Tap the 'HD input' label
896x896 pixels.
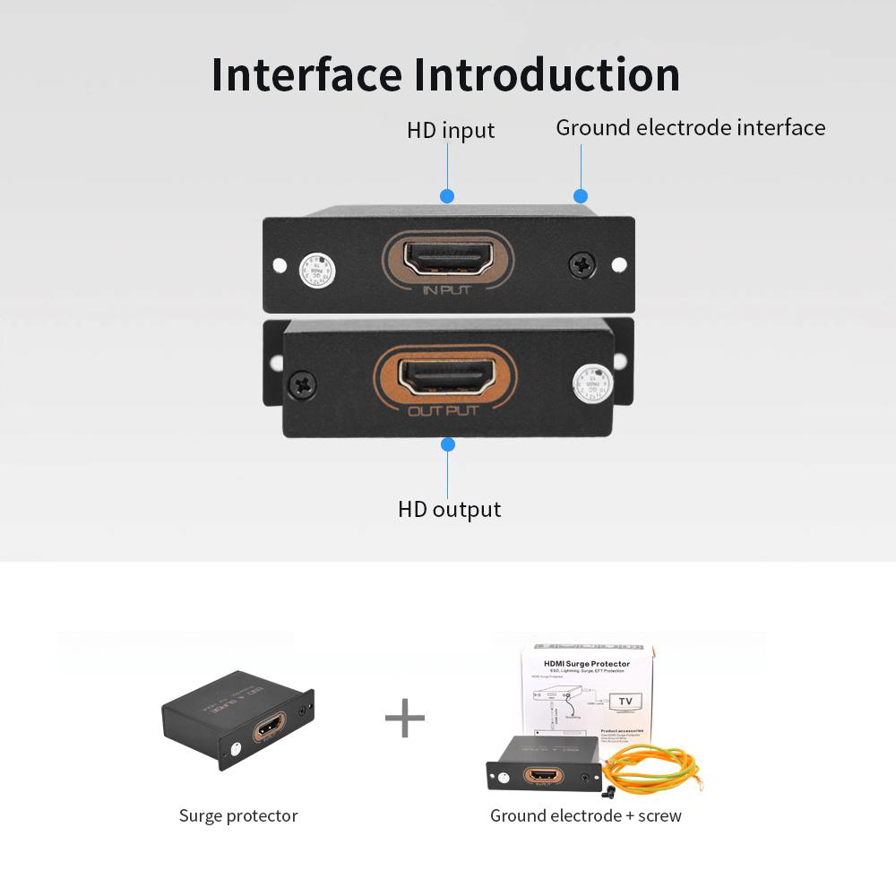click(451, 131)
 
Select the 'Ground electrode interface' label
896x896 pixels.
click(690, 128)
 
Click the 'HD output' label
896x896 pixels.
click(449, 510)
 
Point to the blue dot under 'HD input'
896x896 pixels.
click(447, 196)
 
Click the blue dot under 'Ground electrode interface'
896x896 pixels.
click(581, 196)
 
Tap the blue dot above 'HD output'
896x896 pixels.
click(448, 444)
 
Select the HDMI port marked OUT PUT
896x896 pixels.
click(445, 377)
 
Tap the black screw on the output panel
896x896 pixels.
click(302, 386)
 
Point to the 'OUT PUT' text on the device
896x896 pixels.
click(444, 411)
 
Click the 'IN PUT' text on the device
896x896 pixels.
click(446, 289)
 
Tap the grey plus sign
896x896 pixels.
click(405, 719)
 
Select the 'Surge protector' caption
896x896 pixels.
click(238, 816)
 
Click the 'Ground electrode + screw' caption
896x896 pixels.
click(585, 816)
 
